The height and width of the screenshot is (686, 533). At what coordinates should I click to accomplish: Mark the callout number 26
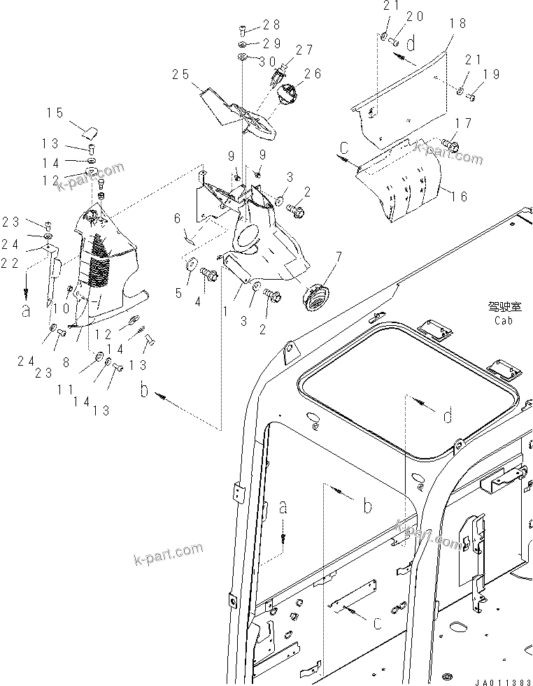312,73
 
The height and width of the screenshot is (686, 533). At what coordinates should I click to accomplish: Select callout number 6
178,218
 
